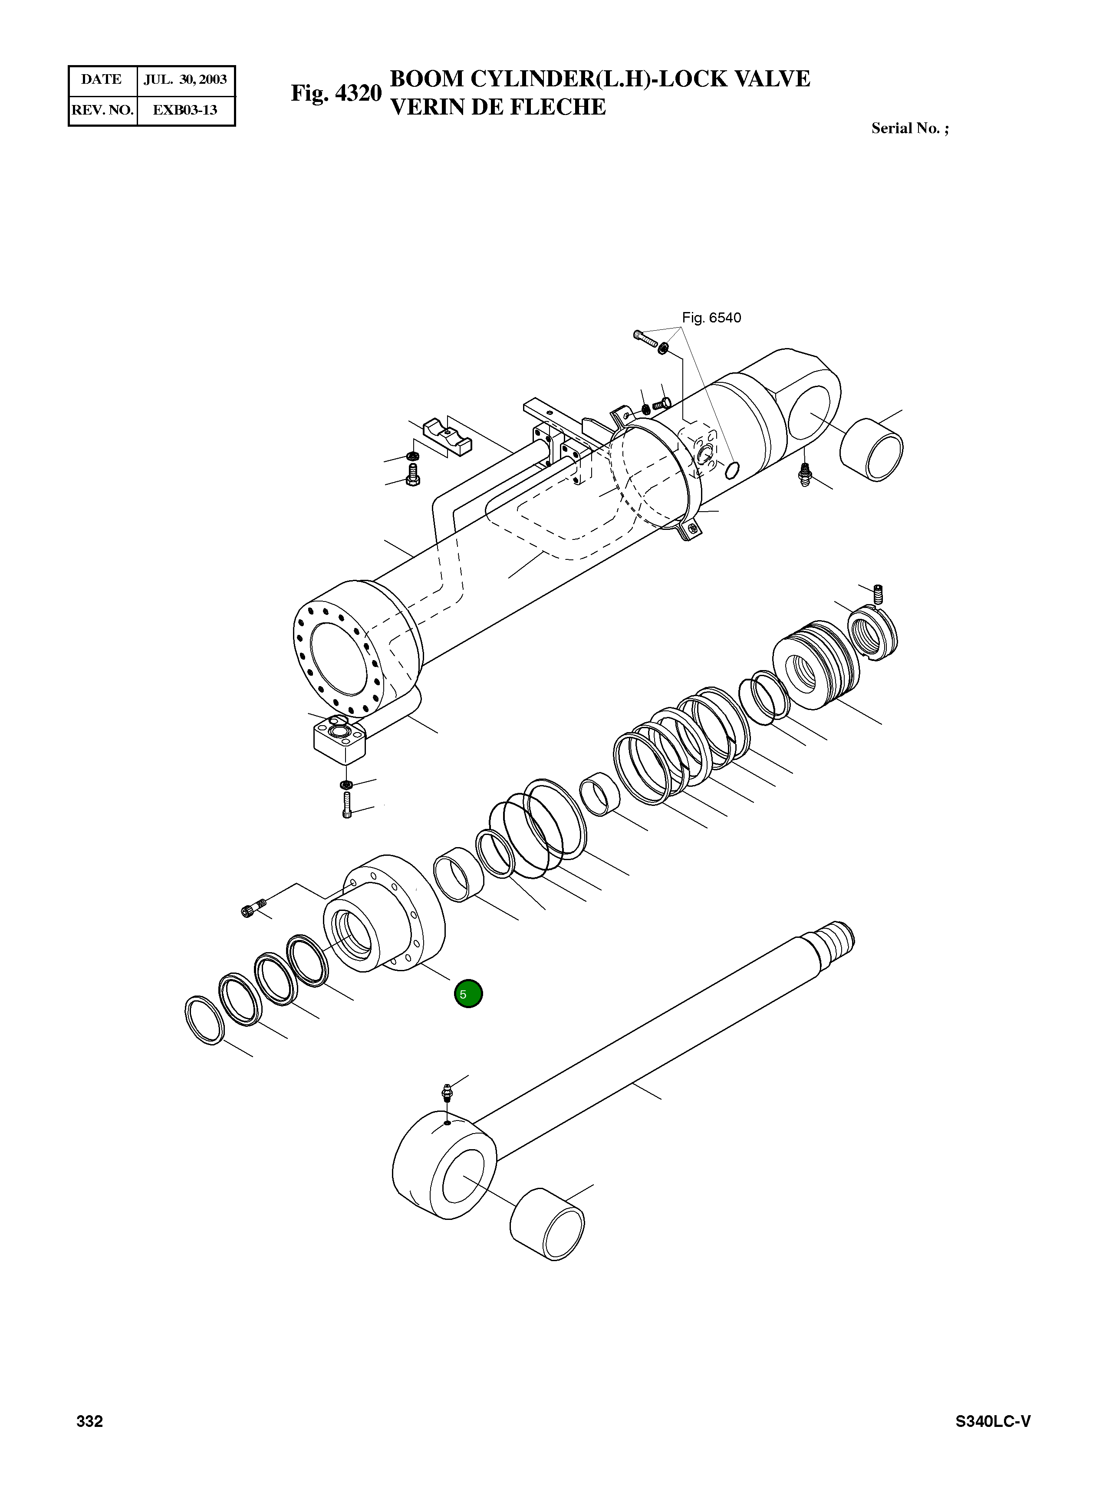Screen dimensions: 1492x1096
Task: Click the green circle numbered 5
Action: tap(468, 994)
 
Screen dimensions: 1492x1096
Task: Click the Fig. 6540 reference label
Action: tap(711, 318)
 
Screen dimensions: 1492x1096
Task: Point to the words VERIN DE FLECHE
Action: tap(497, 107)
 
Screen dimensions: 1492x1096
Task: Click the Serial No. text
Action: tap(909, 128)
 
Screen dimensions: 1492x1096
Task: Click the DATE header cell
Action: tap(102, 79)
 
